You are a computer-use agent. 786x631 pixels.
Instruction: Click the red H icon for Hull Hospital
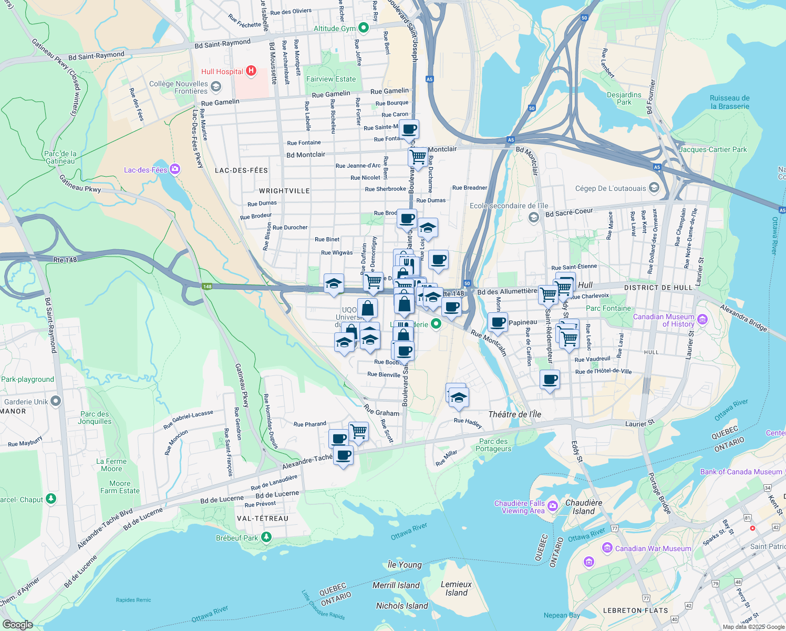tap(251, 70)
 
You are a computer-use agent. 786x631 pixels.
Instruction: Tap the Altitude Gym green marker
tap(363, 27)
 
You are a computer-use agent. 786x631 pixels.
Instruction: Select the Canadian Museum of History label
tap(664, 320)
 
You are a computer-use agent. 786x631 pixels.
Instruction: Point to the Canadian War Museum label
tap(653, 548)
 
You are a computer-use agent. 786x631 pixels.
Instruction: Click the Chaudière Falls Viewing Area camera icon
tap(552, 506)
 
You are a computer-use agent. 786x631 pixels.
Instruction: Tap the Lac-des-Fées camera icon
tap(175, 169)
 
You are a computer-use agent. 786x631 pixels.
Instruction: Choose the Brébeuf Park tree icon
tap(266, 537)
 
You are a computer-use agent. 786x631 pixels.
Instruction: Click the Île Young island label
tap(405, 565)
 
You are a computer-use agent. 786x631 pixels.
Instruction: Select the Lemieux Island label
tap(456, 588)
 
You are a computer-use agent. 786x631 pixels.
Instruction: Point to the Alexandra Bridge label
tap(743, 318)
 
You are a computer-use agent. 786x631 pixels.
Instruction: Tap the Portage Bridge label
tap(659, 493)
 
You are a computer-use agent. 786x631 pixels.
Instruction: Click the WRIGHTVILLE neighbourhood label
tap(284, 191)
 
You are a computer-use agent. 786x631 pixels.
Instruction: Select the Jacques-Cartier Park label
tap(712, 149)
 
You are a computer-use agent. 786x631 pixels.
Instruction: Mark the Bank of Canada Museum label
tap(741, 472)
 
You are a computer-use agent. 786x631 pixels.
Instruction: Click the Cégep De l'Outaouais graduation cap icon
tap(654, 187)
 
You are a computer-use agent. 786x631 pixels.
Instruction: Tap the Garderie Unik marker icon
tap(56, 401)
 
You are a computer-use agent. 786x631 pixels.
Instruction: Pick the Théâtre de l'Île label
tap(514, 414)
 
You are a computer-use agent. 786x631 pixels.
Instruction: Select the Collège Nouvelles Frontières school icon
tap(215, 86)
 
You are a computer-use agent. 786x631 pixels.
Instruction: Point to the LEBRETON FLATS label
tap(635, 610)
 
